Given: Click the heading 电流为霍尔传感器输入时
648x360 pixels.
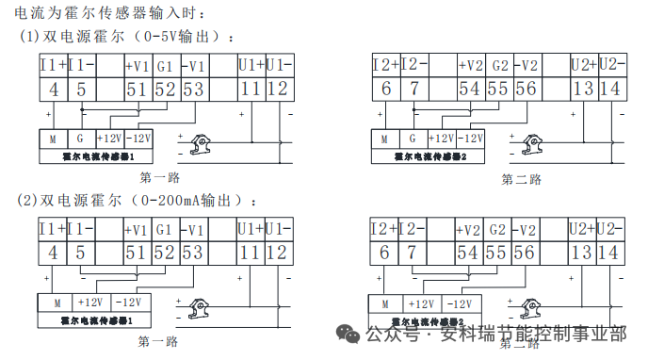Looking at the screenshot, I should point(104,14).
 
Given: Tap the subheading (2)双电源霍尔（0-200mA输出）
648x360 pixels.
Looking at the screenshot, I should point(138,201).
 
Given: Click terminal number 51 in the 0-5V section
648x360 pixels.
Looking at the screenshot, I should point(137,89).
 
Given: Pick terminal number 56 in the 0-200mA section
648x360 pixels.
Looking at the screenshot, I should point(525,253).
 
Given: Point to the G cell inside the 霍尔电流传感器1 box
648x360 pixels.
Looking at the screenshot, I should point(79,138).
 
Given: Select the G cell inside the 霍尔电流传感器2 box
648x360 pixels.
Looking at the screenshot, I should point(411,138).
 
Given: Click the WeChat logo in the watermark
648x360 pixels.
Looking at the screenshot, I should point(349,334).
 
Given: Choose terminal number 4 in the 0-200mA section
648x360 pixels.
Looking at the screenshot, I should point(53,253).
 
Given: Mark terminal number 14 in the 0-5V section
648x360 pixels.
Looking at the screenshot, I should point(608,89).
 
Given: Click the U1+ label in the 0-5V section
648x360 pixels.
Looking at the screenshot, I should point(251,66).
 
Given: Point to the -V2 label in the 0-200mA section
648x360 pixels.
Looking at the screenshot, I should point(527,230).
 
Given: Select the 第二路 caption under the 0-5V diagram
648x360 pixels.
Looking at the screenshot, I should point(521,179).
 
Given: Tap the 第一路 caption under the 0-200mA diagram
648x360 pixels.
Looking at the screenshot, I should point(158,341).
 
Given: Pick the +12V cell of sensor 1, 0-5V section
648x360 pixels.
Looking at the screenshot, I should point(112,138).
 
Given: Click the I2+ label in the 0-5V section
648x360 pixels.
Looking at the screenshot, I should point(385,66).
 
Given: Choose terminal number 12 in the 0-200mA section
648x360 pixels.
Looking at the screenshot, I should point(278,253).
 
